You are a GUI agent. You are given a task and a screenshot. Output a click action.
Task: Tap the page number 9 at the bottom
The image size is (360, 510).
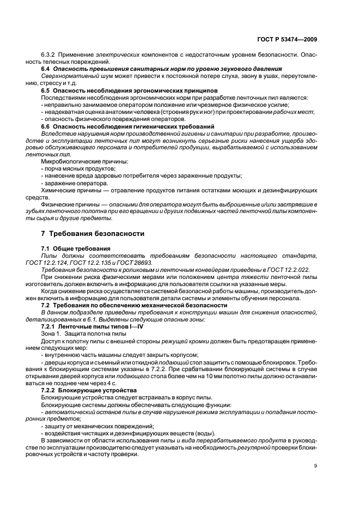316,466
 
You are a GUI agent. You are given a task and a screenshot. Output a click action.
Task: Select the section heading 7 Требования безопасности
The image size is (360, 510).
93,233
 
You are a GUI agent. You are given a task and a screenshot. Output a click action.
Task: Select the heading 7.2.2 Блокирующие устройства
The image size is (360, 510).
87,391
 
